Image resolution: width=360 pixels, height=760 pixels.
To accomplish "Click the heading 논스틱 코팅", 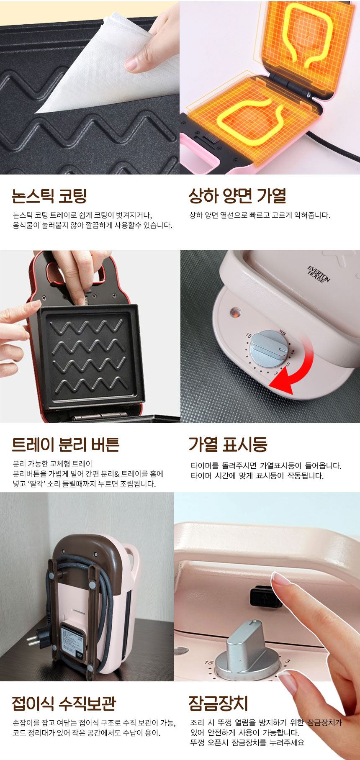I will (49, 195).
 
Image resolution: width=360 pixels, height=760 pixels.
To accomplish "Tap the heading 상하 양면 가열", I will (237, 195).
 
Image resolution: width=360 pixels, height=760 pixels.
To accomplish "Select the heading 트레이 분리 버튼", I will (66, 444).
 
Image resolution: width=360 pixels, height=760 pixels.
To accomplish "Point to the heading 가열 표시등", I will (227, 444).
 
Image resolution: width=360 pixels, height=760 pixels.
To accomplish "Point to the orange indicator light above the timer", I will (235, 312).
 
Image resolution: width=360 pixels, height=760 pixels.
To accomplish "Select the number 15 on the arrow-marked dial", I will (249, 336).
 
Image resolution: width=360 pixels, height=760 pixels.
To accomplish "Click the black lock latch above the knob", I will (265, 597).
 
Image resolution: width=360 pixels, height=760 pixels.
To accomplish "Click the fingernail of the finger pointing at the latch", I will (280, 580).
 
